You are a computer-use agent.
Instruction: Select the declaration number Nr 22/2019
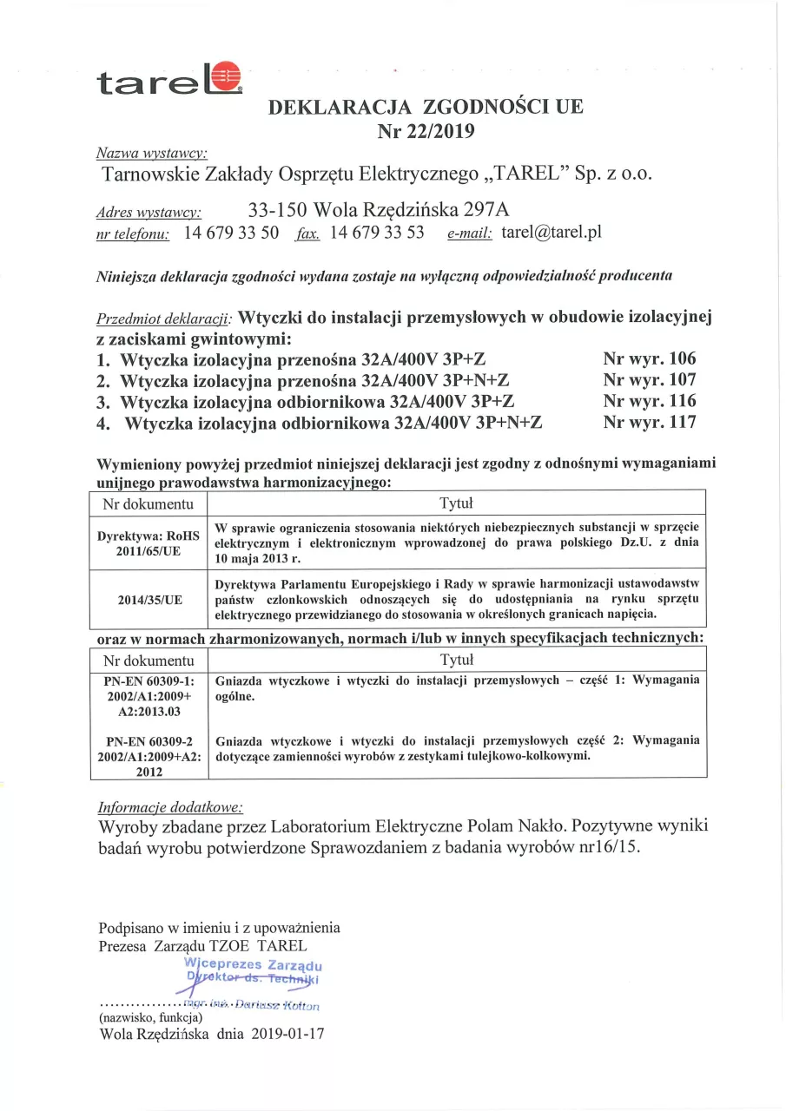[x=426, y=131]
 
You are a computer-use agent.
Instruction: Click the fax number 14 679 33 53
[x=377, y=232]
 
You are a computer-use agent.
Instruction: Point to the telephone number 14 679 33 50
[x=231, y=232]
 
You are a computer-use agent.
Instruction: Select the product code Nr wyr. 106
[x=649, y=358]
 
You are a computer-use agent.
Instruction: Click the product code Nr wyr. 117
[x=649, y=423]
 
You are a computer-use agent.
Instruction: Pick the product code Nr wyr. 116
[x=649, y=401]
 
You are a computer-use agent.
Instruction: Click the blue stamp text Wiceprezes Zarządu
[x=254, y=963]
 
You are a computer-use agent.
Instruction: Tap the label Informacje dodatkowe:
[x=170, y=805]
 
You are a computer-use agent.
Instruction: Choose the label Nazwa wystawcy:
[x=151, y=153]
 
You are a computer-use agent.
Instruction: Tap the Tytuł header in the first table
[x=456, y=503]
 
